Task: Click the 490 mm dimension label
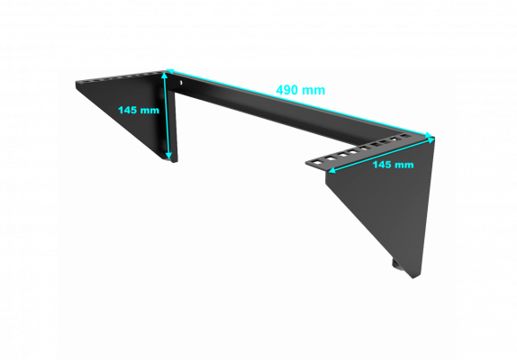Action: pos(300,90)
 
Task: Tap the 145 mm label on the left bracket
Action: pos(139,110)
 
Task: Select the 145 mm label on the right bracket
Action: pos(393,165)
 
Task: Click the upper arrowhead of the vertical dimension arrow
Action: pos(165,76)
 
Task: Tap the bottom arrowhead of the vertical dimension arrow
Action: pos(168,155)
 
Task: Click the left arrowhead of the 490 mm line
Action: pos(170,71)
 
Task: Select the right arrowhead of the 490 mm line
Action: pos(429,135)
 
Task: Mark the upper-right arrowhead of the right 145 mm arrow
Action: pos(431,140)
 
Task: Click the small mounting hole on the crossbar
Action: pos(181,83)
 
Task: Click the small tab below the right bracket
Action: pos(396,265)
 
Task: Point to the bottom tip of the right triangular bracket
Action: pos(413,278)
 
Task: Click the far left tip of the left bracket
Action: pos(76,82)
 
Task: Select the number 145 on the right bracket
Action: pos(384,165)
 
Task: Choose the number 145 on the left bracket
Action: pos(129,110)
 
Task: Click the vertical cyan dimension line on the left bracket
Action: pos(167,116)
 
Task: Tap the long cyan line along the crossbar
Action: pos(300,103)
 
